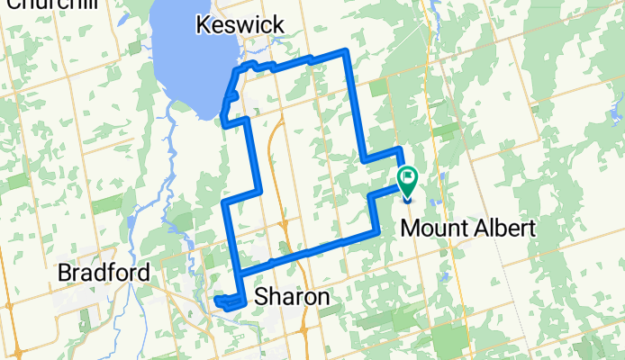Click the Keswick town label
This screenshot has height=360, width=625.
click(x=240, y=25)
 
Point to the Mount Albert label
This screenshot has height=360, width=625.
click(x=467, y=228)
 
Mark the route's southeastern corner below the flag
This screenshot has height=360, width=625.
click(x=376, y=232)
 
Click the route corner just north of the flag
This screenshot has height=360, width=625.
click(x=399, y=148)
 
